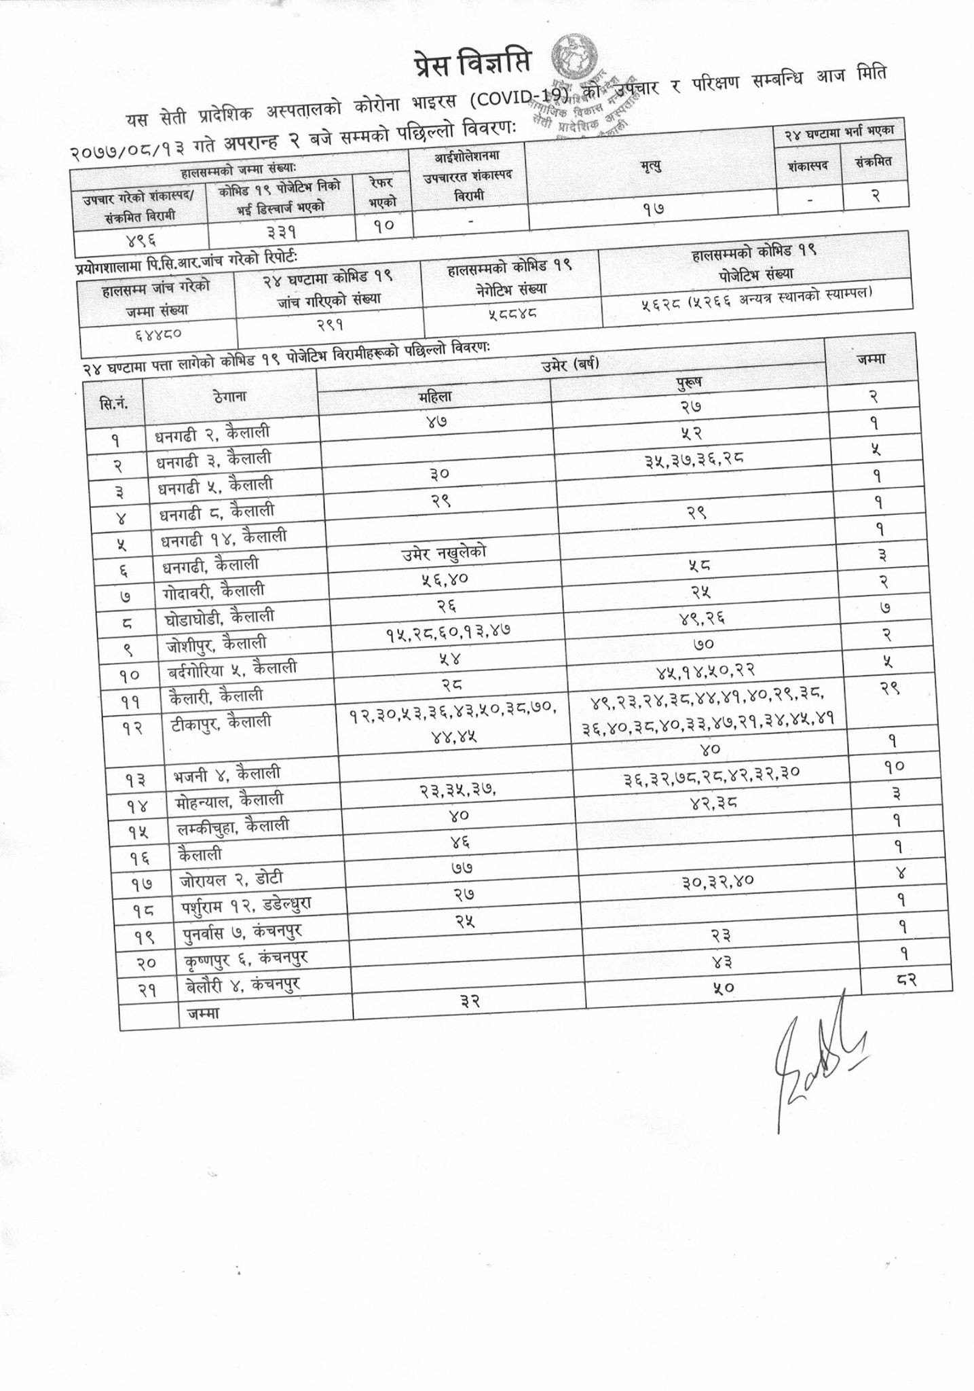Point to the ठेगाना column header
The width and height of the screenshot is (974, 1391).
(x=229, y=397)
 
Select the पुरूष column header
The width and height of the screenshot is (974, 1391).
(x=688, y=383)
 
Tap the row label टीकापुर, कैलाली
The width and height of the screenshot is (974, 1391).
(x=221, y=723)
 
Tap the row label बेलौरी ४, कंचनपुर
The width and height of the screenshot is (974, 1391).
(x=242, y=985)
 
